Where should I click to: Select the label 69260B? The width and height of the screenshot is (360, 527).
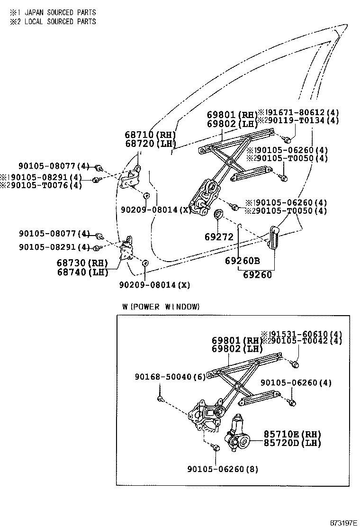[x=243, y=260]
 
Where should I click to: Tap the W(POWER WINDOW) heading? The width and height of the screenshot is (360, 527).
[x=161, y=307]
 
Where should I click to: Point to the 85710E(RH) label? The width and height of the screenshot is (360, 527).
[x=292, y=434]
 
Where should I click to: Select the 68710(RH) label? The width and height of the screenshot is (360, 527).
[x=150, y=135]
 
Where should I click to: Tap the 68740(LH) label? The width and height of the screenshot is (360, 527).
[x=82, y=272]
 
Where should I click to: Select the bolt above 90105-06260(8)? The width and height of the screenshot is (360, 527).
[x=216, y=448]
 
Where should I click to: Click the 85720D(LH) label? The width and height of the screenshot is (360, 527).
[x=292, y=443]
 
